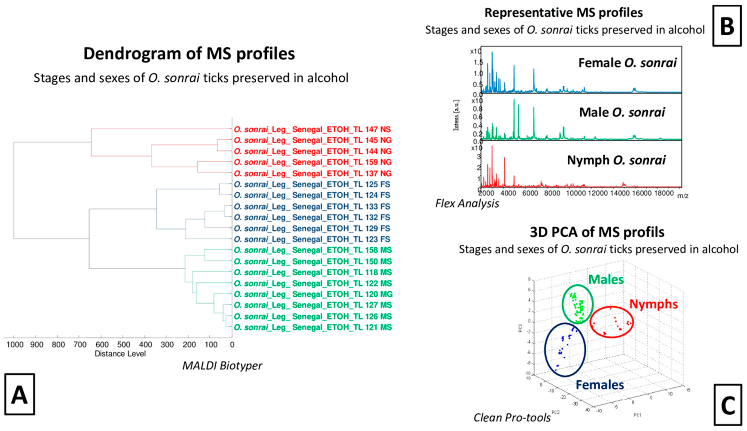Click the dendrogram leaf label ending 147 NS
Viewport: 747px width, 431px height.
[312, 129]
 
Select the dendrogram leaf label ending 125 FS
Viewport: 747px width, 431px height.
[312, 184]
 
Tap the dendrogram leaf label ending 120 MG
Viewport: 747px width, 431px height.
[313, 294]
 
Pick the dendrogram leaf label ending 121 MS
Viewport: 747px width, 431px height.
[313, 327]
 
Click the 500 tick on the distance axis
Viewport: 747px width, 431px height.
[124, 345]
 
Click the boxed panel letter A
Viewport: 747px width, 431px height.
[19, 394]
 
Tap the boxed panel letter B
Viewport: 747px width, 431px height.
[727, 26]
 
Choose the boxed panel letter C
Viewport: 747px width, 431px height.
[728, 405]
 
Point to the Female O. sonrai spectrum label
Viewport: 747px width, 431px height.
[627, 63]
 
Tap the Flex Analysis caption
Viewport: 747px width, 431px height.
[467, 203]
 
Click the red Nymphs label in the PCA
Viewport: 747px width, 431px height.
[653, 304]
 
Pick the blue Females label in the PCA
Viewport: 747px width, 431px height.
[600, 385]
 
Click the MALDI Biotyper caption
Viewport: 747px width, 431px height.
[222, 366]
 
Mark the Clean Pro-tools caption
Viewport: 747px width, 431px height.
[512, 418]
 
